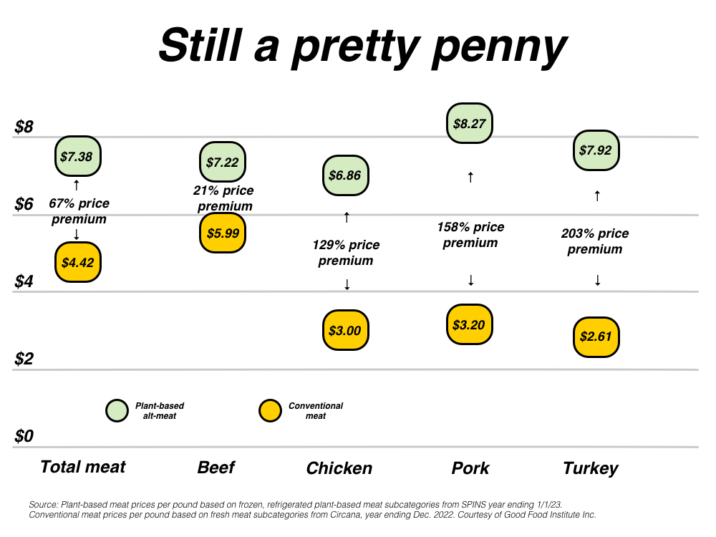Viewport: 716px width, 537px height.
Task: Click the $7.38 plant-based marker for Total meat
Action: coord(78,156)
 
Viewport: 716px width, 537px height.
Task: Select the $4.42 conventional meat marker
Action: coord(78,262)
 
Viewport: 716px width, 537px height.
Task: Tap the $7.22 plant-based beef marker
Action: coord(223,163)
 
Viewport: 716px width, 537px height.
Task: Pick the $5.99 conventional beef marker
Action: coord(223,233)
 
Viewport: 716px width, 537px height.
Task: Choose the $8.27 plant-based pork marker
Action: coord(470,123)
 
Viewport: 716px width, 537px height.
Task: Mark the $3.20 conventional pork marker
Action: coord(470,324)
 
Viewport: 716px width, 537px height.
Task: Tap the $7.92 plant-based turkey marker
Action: coord(596,151)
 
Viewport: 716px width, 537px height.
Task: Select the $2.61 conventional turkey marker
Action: coord(596,336)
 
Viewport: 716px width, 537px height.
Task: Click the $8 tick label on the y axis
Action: coord(24,127)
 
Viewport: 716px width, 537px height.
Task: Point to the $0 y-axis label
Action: coord(24,435)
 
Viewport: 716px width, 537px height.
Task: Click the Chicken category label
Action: coord(339,468)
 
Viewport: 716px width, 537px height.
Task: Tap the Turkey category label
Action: coord(590,468)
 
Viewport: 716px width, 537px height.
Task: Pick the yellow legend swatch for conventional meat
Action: coord(269,410)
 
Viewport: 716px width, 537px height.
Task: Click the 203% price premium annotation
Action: coord(595,241)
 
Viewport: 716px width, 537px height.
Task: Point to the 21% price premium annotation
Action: coord(223,198)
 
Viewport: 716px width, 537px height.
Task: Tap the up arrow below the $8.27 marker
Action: coord(470,177)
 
